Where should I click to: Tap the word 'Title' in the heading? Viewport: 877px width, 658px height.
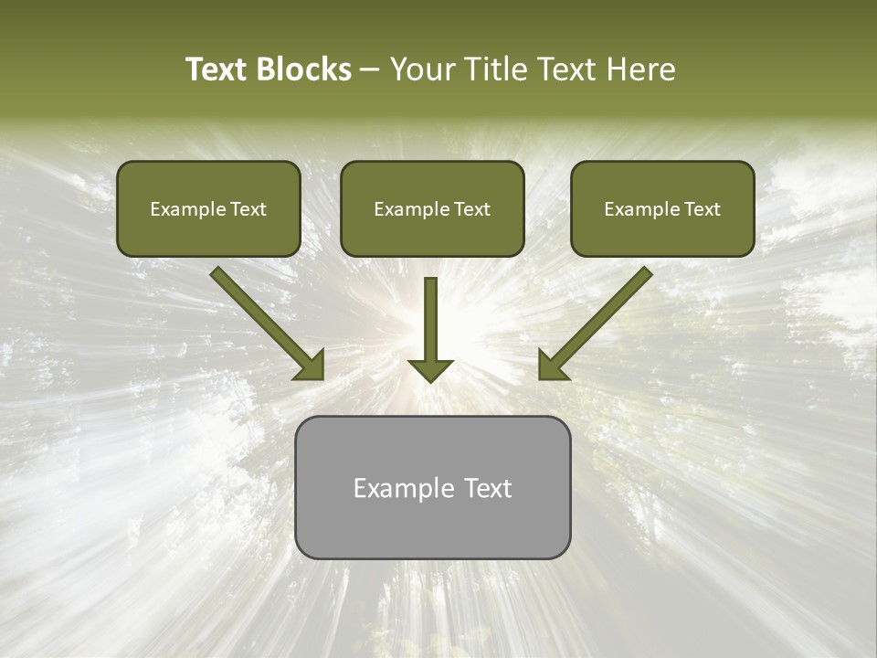point(491,69)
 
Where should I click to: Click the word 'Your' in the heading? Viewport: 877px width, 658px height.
point(423,69)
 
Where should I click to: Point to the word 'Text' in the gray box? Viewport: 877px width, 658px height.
point(487,488)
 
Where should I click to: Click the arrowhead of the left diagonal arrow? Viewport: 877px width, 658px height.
point(311,366)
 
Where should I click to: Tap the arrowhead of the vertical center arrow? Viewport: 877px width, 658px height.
point(430,369)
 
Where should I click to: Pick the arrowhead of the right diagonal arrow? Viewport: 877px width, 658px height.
point(552,366)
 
